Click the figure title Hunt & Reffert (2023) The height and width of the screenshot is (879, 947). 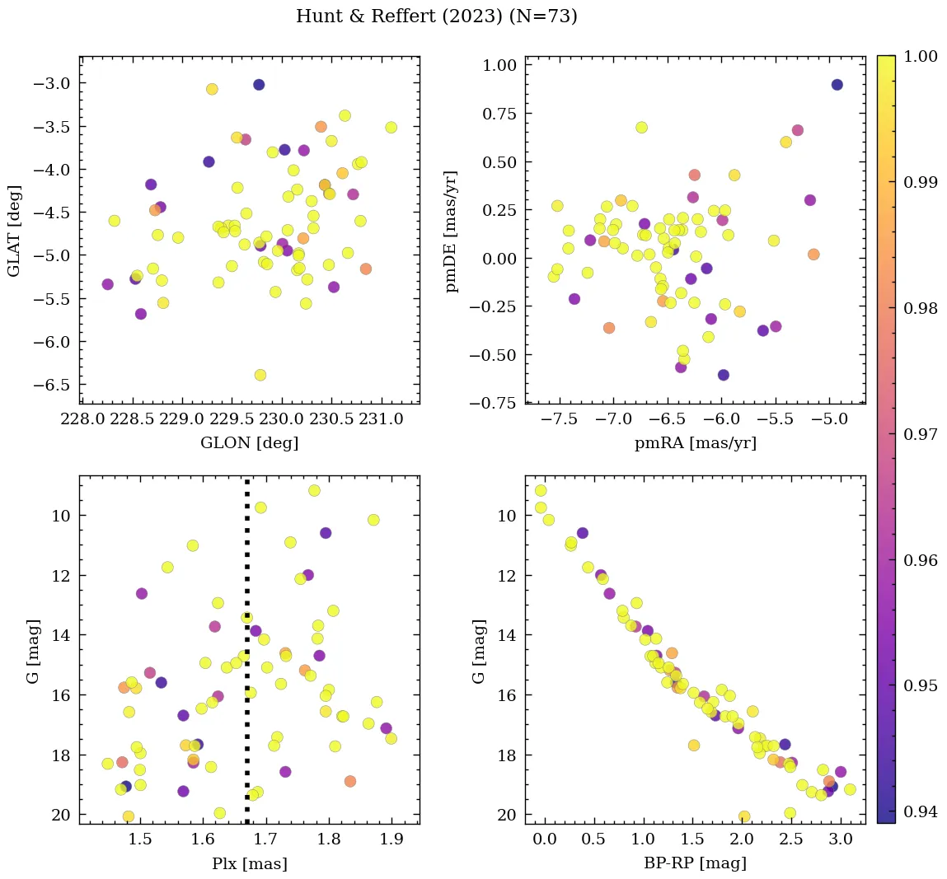[x=436, y=16]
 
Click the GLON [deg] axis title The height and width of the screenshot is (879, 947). [x=249, y=443]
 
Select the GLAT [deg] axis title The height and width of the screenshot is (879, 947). [x=14, y=231]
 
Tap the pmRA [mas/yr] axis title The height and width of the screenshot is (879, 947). [x=695, y=443]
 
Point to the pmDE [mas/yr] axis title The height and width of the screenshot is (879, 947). [x=452, y=231]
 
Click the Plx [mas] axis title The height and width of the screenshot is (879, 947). [x=249, y=864]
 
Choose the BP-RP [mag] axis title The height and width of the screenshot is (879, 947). [x=695, y=863]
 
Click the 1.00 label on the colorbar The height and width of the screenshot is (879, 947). [x=920, y=57]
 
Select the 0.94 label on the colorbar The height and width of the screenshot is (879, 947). [x=920, y=811]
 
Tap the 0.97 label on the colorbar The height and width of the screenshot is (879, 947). [x=920, y=434]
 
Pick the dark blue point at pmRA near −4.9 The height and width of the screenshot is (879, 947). [x=837, y=85]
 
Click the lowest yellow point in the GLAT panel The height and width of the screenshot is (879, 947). [x=260, y=375]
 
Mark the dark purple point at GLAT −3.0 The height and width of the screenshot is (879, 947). [x=259, y=85]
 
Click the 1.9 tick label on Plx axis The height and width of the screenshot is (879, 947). [x=391, y=840]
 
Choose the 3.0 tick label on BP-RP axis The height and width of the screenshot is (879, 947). [x=840, y=840]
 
